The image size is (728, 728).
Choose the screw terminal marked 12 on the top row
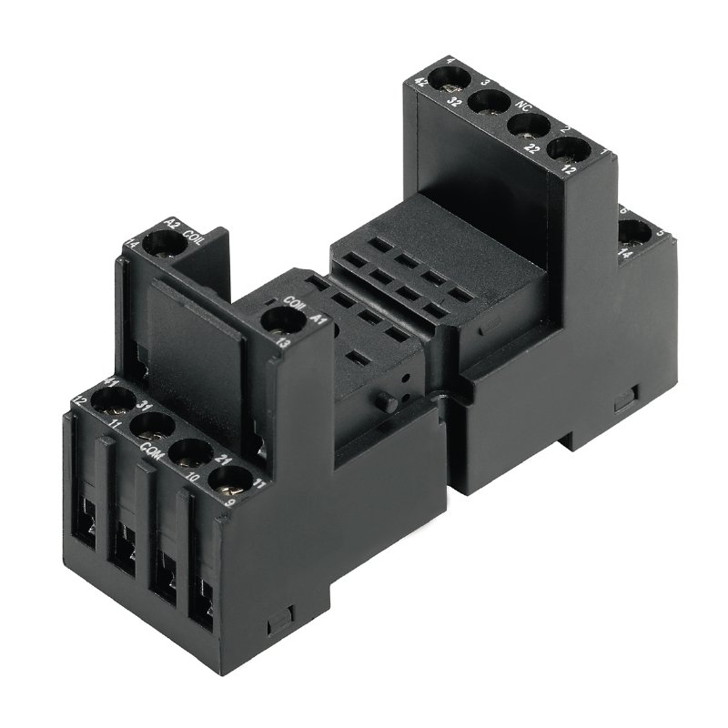(565, 149)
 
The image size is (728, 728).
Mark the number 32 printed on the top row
(479, 103)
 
